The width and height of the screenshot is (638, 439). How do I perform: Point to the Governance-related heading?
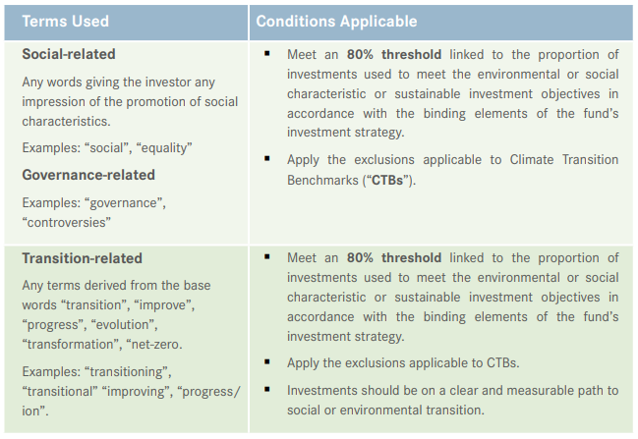(88, 175)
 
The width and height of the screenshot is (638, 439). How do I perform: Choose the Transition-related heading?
(82, 258)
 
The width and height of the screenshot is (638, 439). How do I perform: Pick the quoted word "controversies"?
(66, 222)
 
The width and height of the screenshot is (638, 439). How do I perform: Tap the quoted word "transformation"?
(70, 343)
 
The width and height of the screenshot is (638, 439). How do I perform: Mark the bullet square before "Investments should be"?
(267, 390)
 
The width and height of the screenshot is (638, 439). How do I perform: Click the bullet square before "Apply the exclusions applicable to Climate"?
(267, 158)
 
